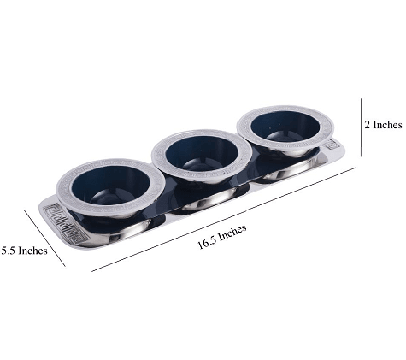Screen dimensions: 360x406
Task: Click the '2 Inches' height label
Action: click(x=382, y=125)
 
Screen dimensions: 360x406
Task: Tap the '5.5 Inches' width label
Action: click(x=25, y=251)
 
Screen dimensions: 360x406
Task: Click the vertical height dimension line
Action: click(x=360, y=127)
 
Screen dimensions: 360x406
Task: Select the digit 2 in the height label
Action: click(x=367, y=125)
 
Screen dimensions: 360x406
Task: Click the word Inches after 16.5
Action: click(x=232, y=233)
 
